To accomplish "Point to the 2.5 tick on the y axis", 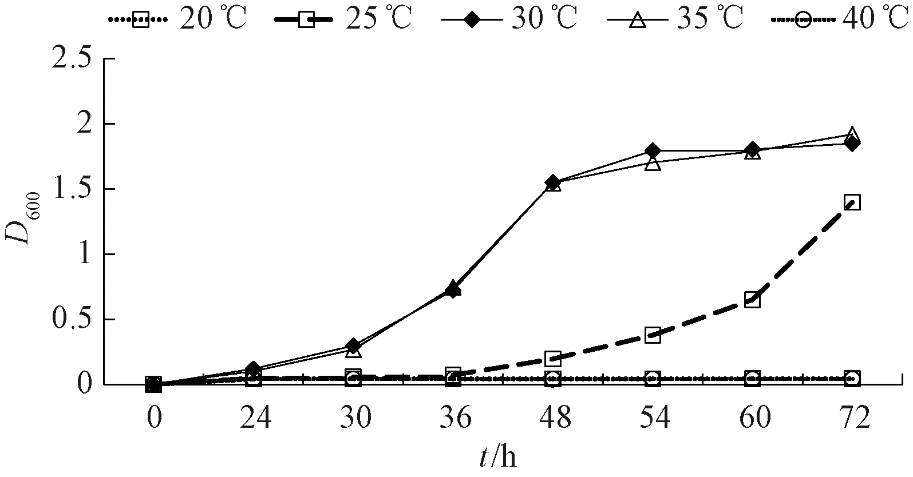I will tap(72, 59).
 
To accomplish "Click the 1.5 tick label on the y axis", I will tap(72, 189).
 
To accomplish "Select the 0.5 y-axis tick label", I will tap(72, 320).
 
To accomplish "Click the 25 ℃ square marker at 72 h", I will tap(852, 202).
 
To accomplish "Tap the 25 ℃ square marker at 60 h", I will tap(752, 300).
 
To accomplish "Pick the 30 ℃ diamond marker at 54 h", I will tap(653, 151).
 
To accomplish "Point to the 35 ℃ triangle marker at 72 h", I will tap(852, 134).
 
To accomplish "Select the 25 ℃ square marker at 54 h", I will tap(653, 335).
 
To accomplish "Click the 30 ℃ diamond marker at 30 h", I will tap(353, 346).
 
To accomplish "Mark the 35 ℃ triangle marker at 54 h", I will tap(653, 164).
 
